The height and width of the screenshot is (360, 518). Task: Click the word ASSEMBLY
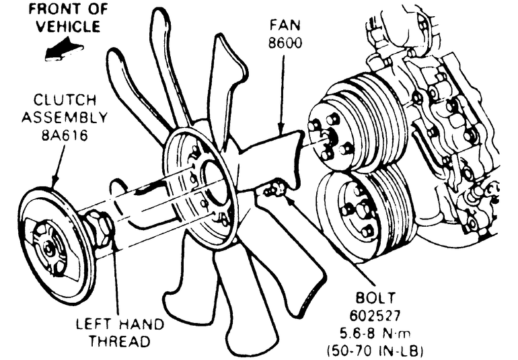[x=63, y=117]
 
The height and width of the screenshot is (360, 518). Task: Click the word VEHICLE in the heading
[x=69, y=27]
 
